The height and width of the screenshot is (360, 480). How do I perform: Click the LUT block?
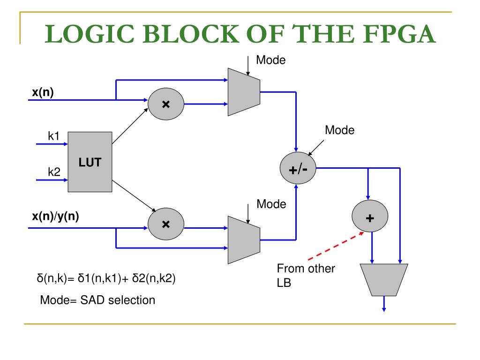tap(90, 162)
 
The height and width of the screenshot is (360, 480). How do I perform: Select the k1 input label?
tap(53, 136)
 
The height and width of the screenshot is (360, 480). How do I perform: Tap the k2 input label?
tap(54, 172)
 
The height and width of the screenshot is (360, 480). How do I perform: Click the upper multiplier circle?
tap(166, 104)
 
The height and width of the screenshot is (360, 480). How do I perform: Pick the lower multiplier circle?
tap(166, 224)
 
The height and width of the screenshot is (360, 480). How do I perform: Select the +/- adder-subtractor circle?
tap(298, 168)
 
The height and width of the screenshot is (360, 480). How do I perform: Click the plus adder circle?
tap(370, 216)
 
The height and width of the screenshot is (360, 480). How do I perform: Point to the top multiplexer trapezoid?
tap(244, 92)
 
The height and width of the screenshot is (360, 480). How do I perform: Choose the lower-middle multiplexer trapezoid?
tap(244, 240)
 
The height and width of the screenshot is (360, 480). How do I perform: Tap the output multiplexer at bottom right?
tap(384, 280)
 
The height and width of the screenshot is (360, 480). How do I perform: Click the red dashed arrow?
tap(336, 246)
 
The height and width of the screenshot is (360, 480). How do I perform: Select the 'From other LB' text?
tap(306, 276)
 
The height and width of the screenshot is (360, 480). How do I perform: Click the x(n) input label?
tap(43, 92)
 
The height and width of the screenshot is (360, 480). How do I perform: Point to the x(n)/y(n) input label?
tap(55, 217)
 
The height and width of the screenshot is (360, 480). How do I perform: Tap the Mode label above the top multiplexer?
tap(270, 60)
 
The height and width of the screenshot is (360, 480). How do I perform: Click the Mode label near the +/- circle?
tap(339, 130)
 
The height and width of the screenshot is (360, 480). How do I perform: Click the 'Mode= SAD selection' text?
tap(97, 300)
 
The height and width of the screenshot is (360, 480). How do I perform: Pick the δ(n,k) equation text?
tap(106, 278)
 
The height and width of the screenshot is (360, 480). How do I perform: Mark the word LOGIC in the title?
tap(90, 34)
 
